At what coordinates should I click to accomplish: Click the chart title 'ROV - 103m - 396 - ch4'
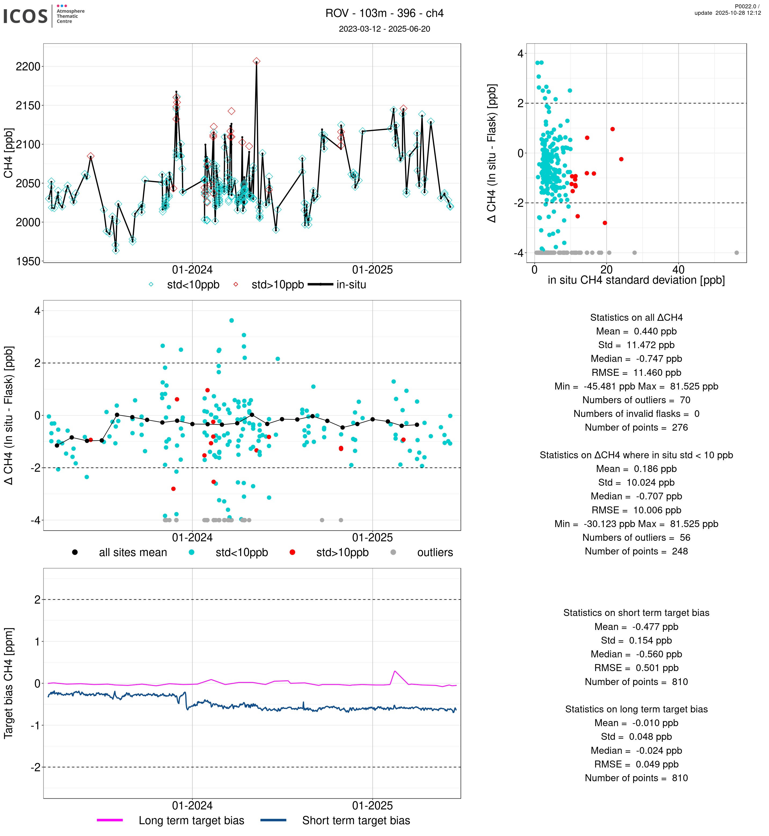click(384, 13)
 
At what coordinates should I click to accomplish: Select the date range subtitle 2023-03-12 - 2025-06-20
click(384, 29)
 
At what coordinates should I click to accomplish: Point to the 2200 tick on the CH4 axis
click(28, 67)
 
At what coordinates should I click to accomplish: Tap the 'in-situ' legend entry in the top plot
click(351, 285)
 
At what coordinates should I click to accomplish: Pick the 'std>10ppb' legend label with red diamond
click(277, 285)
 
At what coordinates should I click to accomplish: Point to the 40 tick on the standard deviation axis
click(678, 269)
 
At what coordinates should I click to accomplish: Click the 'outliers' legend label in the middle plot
click(435, 553)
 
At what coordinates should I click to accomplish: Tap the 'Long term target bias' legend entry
click(191, 821)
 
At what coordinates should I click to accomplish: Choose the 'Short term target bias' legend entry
click(356, 821)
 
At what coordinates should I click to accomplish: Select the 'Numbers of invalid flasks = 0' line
click(636, 414)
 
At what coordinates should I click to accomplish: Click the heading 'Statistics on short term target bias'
click(636, 613)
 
